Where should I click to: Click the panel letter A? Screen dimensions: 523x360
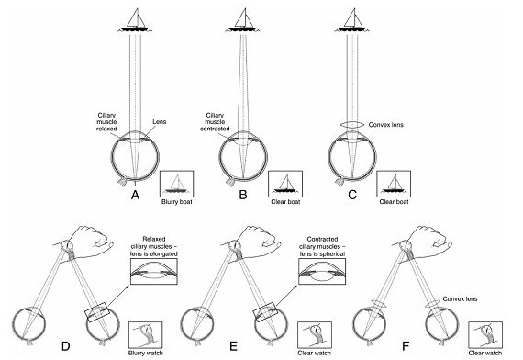135,195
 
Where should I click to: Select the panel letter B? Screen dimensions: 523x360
243,195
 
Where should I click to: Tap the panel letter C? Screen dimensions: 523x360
352,195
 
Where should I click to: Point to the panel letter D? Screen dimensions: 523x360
66,346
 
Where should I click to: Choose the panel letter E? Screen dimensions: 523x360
233,346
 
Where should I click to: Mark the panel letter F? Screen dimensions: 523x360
406,346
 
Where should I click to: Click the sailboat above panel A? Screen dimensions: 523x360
135,20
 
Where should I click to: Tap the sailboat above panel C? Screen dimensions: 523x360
352,20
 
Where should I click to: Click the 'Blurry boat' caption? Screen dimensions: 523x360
177,202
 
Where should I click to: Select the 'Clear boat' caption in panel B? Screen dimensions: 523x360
285,202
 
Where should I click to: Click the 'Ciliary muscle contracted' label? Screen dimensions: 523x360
215,122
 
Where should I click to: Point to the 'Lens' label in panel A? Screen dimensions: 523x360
160,122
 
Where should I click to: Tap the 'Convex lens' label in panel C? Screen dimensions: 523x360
386,125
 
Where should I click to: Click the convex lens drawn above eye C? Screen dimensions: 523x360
352,125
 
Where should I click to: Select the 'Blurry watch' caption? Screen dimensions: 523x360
146,353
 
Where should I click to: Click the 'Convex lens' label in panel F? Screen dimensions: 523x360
460,298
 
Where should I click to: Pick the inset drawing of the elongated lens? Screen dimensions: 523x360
154,272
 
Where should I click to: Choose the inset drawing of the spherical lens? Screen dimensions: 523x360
322,272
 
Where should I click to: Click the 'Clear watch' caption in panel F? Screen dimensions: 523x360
485,353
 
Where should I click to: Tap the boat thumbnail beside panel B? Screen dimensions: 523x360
285,184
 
